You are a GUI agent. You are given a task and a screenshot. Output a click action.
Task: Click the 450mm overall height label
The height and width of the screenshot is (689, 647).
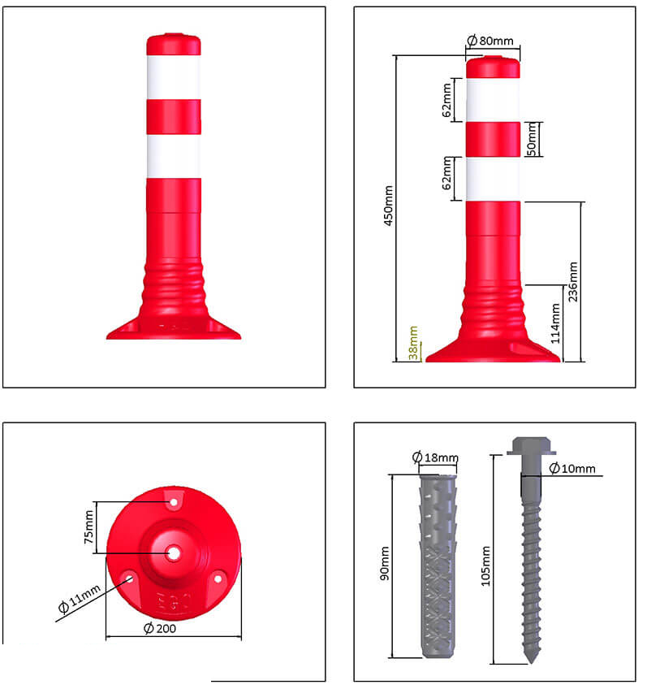pos(389,206)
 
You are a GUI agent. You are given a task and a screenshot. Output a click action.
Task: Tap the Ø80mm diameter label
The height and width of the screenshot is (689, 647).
pos(490,41)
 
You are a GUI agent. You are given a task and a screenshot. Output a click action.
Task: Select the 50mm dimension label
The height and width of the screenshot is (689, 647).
pos(532,139)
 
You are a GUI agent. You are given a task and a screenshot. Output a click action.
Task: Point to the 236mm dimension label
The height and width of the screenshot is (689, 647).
pos(573,282)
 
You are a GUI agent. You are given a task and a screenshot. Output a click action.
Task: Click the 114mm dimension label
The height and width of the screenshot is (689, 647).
pos(555,323)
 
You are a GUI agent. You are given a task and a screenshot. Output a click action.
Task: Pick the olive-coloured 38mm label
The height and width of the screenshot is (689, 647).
pos(413,343)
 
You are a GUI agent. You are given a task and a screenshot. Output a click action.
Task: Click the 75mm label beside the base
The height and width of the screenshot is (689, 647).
pos(88,526)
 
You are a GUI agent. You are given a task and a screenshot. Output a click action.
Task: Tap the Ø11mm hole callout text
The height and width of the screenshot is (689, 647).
pos(80,599)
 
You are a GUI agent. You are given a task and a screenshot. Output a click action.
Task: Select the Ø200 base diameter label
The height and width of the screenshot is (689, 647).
pos(160,628)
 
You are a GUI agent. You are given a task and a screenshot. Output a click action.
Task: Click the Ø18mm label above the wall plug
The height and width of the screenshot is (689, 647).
pos(435,457)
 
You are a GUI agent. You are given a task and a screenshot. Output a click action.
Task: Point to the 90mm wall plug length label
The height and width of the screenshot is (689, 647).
pos(385,563)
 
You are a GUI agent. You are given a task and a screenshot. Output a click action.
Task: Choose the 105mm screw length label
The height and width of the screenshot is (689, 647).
pos(485,566)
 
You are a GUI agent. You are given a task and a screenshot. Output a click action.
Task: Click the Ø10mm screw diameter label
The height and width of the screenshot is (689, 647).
pos(572,469)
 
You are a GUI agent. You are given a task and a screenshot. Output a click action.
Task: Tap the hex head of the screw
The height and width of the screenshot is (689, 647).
pos(532,445)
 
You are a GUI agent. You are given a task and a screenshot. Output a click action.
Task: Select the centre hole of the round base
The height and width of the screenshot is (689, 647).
pos(175,553)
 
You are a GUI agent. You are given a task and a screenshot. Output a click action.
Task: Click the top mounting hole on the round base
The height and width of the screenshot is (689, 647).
pos(174,502)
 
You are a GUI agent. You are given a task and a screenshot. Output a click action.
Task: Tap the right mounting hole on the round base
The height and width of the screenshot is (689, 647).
pos(218,578)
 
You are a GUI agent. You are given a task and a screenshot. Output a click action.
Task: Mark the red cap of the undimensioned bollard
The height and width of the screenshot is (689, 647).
pos(174,44)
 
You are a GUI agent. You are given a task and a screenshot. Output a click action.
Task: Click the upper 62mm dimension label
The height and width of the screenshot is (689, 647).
pos(446,100)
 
